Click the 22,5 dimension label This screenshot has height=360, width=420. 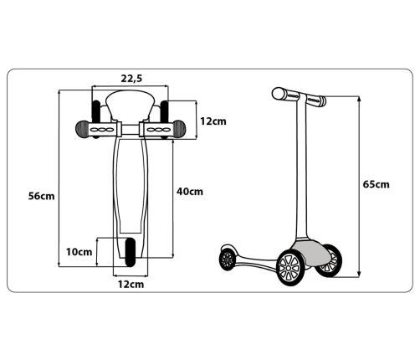pyautogui.click(x=131, y=79)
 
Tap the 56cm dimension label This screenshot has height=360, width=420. pyautogui.click(x=41, y=196)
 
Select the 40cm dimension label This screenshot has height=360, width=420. pyautogui.click(x=190, y=192)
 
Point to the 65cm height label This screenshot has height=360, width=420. pyautogui.click(x=376, y=184)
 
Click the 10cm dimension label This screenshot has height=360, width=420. pyautogui.click(x=79, y=252)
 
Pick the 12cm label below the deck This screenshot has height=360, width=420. pyautogui.click(x=131, y=285)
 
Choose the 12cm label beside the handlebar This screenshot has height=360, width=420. pyautogui.click(x=213, y=121)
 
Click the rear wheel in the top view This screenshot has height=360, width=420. pyautogui.click(x=131, y=252)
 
